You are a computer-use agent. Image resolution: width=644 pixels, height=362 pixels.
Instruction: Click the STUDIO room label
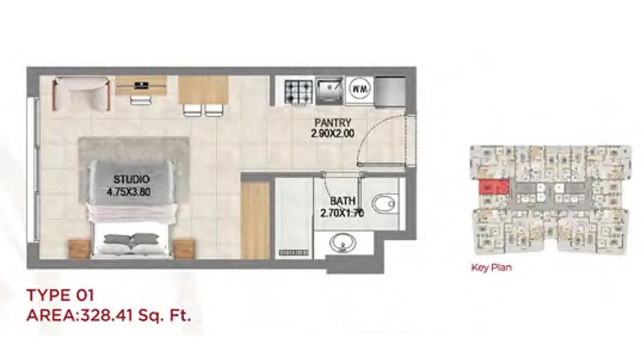[132, 179]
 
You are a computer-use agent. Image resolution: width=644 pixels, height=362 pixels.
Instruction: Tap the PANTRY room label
[333, 122]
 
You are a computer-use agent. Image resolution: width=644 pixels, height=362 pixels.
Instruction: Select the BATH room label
[343, 201]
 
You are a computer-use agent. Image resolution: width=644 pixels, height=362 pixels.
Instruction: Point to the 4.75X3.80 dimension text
[129, 192]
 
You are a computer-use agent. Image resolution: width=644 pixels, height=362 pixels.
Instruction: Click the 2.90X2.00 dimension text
[333, 133]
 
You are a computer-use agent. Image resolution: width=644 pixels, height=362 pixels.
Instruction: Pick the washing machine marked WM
[360, 89]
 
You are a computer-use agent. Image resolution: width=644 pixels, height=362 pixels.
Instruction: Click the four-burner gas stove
[299, 92]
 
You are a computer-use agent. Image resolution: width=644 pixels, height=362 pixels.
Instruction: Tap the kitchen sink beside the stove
[330, 91]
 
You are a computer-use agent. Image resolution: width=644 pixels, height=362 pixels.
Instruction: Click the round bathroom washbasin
[342, 243]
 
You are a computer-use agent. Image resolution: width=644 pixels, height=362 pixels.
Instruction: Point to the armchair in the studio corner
[81, 94]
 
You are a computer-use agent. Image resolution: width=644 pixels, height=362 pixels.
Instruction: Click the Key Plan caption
[491, 268]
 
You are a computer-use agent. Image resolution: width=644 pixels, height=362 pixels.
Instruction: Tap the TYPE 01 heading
[60, 295]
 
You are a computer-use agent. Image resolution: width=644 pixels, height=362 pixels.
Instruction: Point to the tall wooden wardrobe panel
[255, 220]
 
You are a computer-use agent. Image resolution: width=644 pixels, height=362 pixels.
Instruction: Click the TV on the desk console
[141, 85]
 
